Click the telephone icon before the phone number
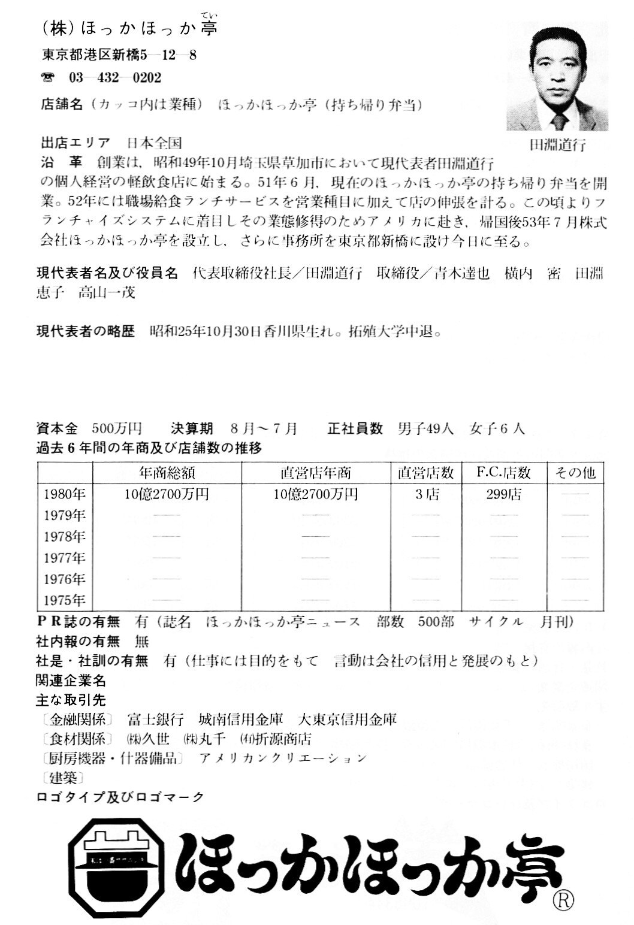pos(47,78)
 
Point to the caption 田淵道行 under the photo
pos(557,144)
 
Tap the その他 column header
pos(575,473)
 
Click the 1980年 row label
pos(65,495)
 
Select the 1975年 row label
pos(65,600)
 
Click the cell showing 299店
pos(504,495)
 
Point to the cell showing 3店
pos(426,495)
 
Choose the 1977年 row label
pos(65,558)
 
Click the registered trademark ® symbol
pos(564,900)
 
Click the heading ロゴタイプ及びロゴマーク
pos(120,797)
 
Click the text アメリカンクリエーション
pos(282,758)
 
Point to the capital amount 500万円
pos(116,429)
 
